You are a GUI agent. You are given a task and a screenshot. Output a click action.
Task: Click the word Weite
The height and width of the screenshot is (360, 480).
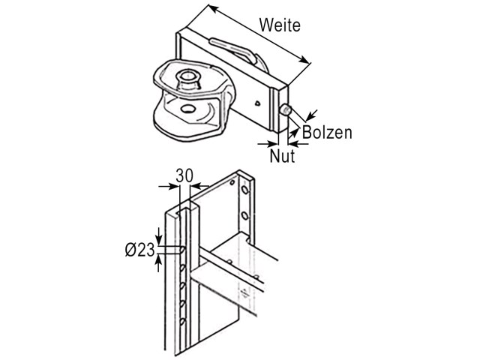(280, 25)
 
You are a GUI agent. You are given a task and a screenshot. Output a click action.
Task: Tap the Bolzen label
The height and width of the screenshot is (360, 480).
(327, 133)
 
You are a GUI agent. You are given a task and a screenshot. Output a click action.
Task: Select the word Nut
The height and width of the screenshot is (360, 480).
(282, 156)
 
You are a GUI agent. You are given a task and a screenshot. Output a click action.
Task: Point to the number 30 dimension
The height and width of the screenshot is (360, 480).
(184, 176)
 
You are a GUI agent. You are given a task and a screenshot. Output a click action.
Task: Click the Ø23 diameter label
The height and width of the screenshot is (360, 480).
(140, 250)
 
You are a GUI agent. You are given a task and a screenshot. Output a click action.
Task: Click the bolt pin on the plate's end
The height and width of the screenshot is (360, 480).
(286, 110)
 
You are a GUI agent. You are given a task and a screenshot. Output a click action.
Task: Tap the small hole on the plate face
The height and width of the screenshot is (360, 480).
(258, 103)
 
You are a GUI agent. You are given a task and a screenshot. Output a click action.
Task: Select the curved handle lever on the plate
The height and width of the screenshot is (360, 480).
(232, 50)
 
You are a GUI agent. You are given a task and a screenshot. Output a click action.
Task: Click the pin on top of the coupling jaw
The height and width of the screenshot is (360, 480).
(188, 79)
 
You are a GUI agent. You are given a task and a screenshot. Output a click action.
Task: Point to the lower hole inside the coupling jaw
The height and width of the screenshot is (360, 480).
(187, 109)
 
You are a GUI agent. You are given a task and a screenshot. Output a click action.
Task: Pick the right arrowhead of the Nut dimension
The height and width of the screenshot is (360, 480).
(293, 143)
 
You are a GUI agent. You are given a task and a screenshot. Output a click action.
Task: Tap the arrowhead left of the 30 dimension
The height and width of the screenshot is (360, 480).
(172, 186)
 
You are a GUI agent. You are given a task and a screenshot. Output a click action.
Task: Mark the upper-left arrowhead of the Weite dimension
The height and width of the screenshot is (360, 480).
(214, 9)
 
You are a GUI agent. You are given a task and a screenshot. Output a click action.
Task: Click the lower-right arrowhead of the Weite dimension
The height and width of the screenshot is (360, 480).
(304, 59)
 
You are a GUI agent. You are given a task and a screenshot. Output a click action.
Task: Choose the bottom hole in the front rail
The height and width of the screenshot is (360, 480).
(183, 322)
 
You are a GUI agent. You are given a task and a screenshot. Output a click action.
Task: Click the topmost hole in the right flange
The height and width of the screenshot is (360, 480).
(244, 190)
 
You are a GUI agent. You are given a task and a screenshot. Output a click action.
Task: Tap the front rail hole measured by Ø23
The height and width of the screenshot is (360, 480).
(182, 250)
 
